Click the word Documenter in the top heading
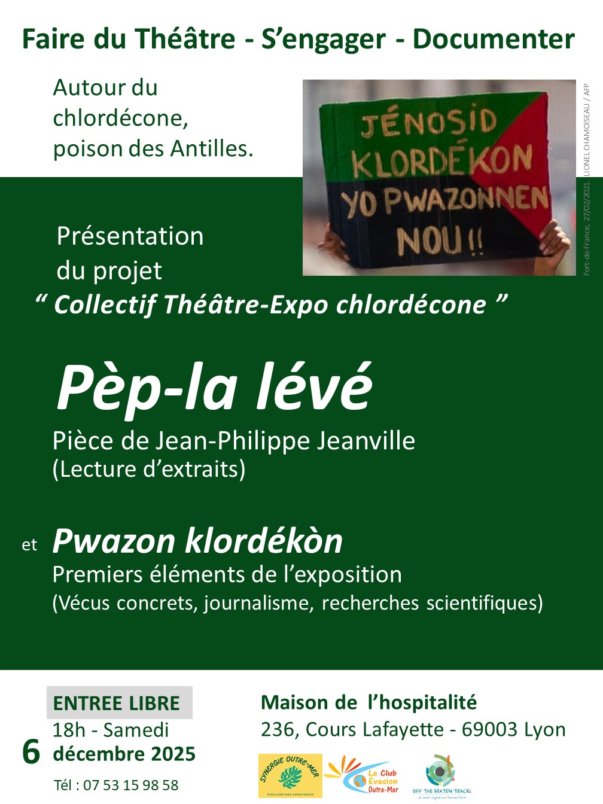(494, 39)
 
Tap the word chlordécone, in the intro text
(120, 118)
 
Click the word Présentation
(130, 236)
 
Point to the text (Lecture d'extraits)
(149, 469)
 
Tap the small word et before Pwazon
(29, 544)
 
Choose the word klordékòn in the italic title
(263, 541)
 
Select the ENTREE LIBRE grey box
(119, 702)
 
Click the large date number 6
(31, 751)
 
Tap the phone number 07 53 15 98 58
(130, 785)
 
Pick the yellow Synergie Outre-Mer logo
(290, 775)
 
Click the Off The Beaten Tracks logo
(441, 775)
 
